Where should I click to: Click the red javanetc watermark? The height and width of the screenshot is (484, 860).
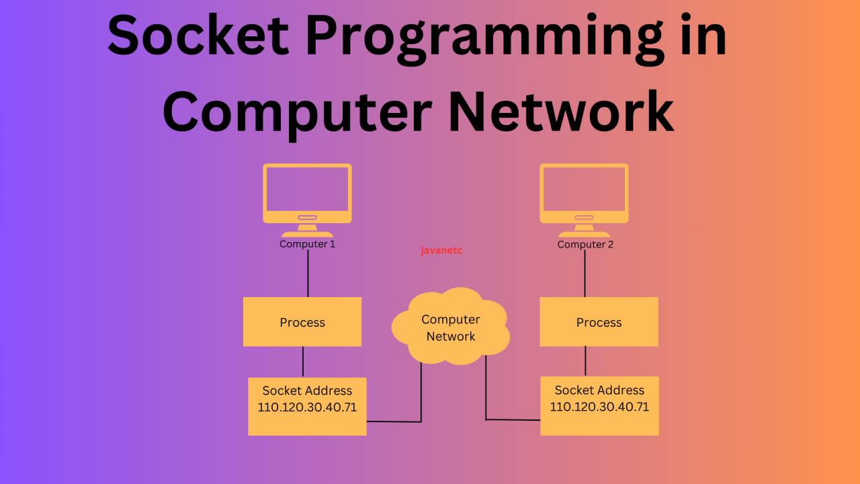[x=441, y=251]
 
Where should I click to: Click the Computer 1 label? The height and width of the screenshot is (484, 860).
[x=307, y=244]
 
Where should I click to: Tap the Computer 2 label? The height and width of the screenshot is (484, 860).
[x=585, y=245]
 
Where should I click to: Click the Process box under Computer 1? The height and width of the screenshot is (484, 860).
[x=302, y=322]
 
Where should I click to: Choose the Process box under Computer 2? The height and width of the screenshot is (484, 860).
[x=599, y=322]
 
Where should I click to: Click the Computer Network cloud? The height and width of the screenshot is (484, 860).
[x=450, y=327]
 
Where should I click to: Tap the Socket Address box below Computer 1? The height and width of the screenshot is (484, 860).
[x=307, y=406]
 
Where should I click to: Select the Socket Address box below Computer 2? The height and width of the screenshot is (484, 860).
[x=599, y=405]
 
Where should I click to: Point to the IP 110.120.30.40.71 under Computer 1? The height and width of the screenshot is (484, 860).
[x=307, y=407]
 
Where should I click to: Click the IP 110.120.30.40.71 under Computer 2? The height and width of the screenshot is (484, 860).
[x=599, y=407]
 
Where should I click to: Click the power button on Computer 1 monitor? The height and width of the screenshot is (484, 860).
[x=307, y=217]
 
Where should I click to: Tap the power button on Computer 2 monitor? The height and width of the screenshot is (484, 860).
[x=584, y=217]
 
